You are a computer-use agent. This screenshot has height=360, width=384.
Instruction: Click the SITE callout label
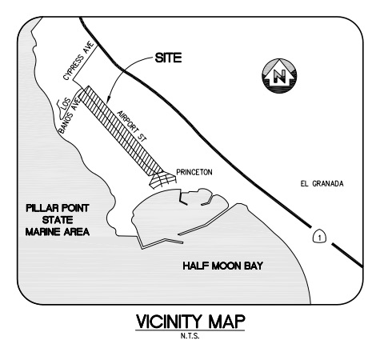click(168, 58)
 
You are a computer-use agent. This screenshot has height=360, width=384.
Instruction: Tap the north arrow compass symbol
click(279, 76)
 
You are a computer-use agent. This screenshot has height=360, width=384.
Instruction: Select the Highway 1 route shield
click(319, 236)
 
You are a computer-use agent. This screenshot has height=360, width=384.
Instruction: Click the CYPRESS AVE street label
click(79, 61)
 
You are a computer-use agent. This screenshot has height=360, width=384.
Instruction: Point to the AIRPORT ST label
click(132, 126)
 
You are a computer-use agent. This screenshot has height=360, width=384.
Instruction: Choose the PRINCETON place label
click(194, 172)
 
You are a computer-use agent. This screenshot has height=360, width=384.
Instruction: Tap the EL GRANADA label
click(322, 184)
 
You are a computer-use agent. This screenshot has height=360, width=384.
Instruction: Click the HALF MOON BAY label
click(223, 266)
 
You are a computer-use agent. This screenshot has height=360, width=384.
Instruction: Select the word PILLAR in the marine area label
click(42, 208)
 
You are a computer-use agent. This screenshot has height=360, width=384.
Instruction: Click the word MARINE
click(43, 232)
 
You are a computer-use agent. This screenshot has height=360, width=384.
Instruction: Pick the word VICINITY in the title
click(169, 322)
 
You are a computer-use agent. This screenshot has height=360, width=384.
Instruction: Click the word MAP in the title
click(226, 322)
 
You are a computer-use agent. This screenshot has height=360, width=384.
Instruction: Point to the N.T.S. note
click(190, 336)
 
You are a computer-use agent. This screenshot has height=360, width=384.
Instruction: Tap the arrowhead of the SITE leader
click(107, 101)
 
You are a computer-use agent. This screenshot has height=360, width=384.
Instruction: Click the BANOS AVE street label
click(70, 116)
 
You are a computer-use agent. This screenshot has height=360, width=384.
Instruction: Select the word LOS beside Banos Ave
click(64, 104)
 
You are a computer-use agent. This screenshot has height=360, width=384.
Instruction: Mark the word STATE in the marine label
click(58, 220)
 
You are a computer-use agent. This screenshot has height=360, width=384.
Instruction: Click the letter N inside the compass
click(280, 77)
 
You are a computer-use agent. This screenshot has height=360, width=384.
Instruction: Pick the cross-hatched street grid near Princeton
click(162, 179)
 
